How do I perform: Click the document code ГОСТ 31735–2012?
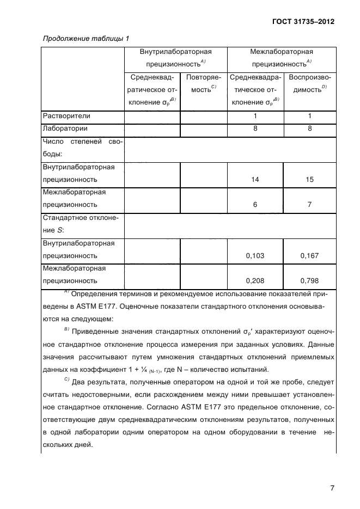click(x=303, y=22)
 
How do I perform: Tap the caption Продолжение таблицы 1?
click(x=86, y=39)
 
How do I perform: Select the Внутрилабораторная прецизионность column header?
click(x=175, y=58)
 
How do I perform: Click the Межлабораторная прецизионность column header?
click(x=281, y=58)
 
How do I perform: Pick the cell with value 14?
click(x=255, y=179)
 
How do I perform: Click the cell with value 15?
click(x=309, y=179)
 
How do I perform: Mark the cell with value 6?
click(x=255, y=205)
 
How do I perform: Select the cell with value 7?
click(x=309, y=205)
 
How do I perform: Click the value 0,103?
click(x=255, y=255)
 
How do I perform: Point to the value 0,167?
click(x=309, y=255)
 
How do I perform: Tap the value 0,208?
click(x=255, y=281)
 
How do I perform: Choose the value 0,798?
click(x=309, y=281)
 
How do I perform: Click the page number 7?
click(x=331, y=488)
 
